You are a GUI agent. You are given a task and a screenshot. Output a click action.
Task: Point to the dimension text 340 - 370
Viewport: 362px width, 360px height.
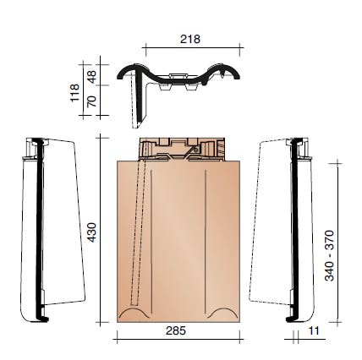point(329,255)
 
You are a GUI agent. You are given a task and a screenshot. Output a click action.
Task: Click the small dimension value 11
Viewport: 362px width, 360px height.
point(314,333)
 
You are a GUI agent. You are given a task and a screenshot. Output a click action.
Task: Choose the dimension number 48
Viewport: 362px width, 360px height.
point(92,74)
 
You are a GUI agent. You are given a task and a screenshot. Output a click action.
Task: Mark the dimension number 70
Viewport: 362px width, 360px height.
point(92,103)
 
